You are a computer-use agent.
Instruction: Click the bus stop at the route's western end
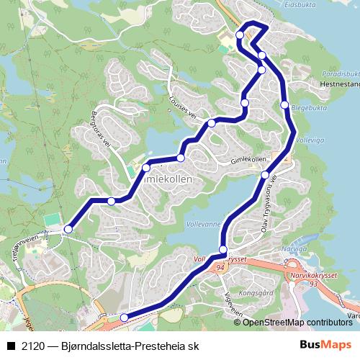click(68, 229)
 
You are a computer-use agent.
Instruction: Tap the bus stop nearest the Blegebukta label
click(284, 105)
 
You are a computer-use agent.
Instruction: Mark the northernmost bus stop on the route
click(240, 35)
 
